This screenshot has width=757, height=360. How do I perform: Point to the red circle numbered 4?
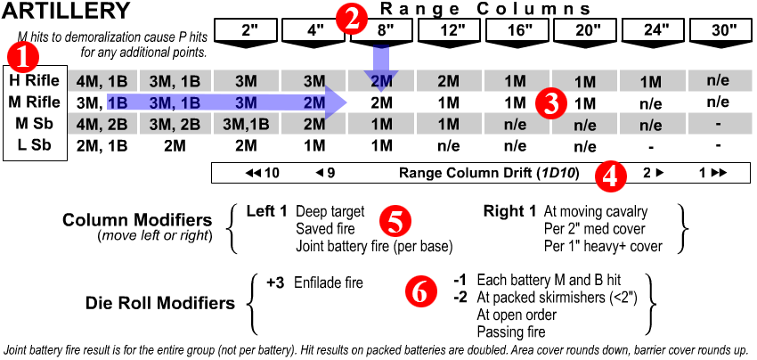[610, 174]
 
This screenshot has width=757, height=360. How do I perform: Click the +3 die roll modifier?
[275, 283]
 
